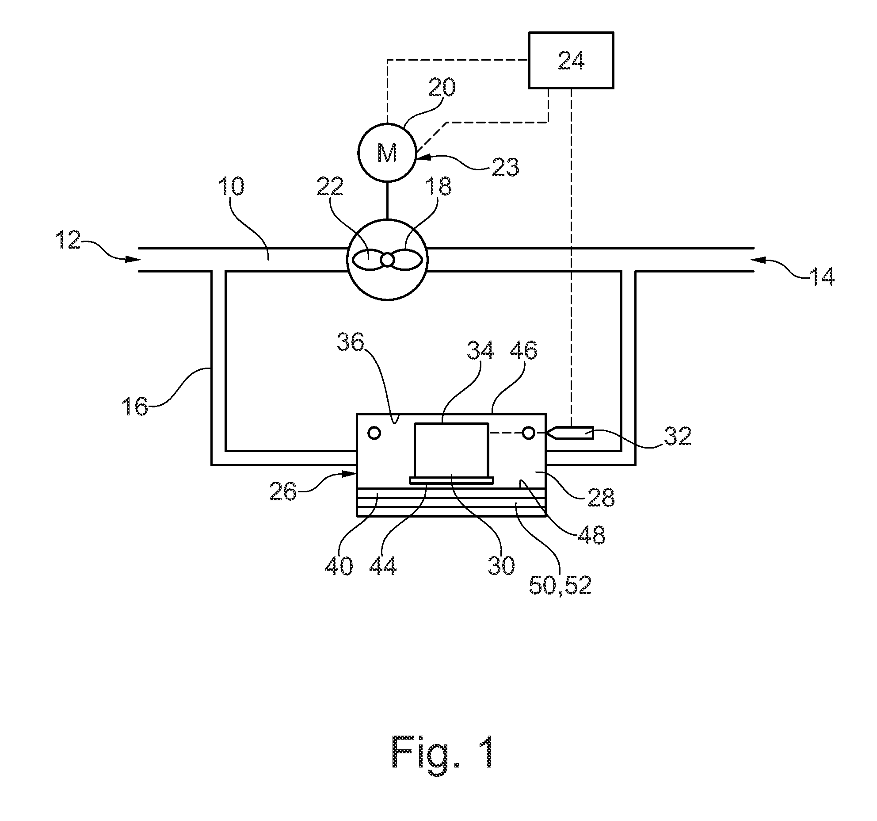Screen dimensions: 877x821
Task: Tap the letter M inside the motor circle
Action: click(x=387, y=153)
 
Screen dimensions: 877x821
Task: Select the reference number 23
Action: click(x=505, y=167)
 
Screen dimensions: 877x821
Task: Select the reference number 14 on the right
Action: click(x=821, y=277)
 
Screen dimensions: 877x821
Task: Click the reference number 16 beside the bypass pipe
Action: click(x=136, y=406)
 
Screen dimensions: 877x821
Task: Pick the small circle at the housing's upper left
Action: click(x=374, y=433)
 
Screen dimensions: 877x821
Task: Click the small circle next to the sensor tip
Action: click(x=528, y=433)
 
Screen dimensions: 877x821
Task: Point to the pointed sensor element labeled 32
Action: click(x=570, y=433)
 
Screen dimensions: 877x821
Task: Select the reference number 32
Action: click(x=677, y=436)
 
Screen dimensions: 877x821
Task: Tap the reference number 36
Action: click(x=351, y=341)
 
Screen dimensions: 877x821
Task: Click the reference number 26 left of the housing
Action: click(x=283, y=491)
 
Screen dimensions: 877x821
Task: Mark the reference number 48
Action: click(x=591, y=535)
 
